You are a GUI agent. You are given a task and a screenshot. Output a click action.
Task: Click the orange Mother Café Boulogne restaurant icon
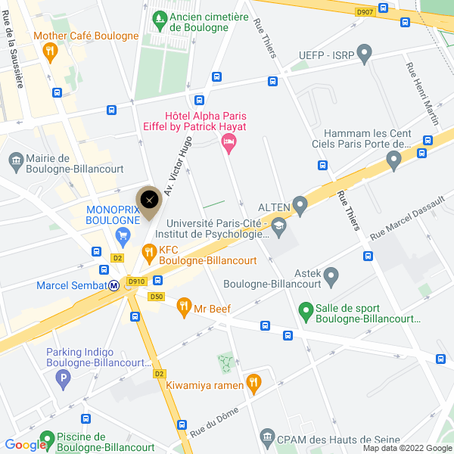(x=50, y=51)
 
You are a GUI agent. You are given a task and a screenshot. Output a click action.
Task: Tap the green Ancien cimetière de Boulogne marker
(x=160, y=17)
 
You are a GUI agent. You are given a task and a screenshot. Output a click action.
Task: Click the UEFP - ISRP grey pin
(x=365, y=54)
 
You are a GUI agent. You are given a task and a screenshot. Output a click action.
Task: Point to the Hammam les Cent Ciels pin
(x=393, y=160)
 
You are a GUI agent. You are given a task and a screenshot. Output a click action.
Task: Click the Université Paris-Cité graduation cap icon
(x=279, y=225)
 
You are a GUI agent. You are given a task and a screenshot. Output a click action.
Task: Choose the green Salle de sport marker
(x=306, y=310)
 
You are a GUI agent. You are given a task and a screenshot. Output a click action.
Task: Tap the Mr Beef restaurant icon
(x=183, y=307)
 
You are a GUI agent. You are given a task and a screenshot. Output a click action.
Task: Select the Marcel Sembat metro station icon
(x=113, y=285)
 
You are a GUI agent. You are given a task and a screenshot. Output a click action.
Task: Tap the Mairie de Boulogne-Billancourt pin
(x=15, y=160)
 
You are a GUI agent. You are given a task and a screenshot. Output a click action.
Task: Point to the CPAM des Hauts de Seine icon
(x=266, y=437)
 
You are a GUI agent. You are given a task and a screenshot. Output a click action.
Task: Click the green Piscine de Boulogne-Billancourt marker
(x=46, y=438)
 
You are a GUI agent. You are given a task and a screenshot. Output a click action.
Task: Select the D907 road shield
(x=365, y=11)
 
